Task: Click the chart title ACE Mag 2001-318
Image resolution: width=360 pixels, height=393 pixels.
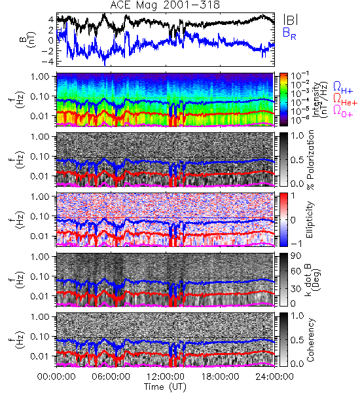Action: point(165,5)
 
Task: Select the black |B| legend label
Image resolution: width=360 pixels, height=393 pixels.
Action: point(291,20)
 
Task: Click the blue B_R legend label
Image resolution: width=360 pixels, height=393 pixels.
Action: point(289,33)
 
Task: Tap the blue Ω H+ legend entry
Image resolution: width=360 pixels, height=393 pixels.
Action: point(343,88)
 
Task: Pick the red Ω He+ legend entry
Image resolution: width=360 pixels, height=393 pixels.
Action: point(345,100)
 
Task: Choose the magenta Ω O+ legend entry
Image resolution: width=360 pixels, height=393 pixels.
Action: point(343,111)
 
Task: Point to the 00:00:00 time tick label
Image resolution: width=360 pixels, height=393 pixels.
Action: point(56,377)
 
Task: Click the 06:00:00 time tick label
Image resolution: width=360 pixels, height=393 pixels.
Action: point(111,377)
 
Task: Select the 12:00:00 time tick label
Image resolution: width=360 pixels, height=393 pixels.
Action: point(166,377)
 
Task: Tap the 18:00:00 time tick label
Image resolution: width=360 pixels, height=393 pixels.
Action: point(220,377)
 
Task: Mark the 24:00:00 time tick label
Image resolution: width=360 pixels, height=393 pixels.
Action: point(274,377)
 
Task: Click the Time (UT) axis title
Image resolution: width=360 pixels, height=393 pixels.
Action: point(165,387)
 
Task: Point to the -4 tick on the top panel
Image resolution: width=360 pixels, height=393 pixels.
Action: point(48,62)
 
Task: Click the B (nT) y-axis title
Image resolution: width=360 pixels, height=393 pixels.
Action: point(29,39)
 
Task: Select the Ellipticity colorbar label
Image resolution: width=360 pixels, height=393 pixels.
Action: point(310,219)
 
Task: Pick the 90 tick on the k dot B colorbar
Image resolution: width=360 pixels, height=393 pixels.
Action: point(296,256)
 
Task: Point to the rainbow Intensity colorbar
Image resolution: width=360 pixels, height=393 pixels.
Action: point(283,100)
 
